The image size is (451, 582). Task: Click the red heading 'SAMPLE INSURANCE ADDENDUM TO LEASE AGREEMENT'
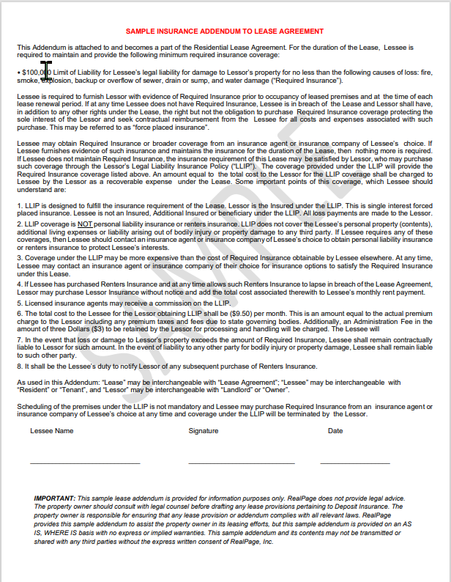[x=224, y=32]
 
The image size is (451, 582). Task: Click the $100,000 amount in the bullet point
[x=35, y=73]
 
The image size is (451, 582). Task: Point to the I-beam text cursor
[x=47, y=70]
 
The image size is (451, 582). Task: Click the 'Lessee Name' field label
[x=51, y=431]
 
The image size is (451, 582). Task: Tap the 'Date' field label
[x=335, y=431]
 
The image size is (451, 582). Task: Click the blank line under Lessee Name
[x=84, y=463]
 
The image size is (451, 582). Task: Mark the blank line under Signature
[x=241, y=463]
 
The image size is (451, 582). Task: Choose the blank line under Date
[x=354, y=463]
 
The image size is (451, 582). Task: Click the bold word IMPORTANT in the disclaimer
[x=54, y=498]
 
